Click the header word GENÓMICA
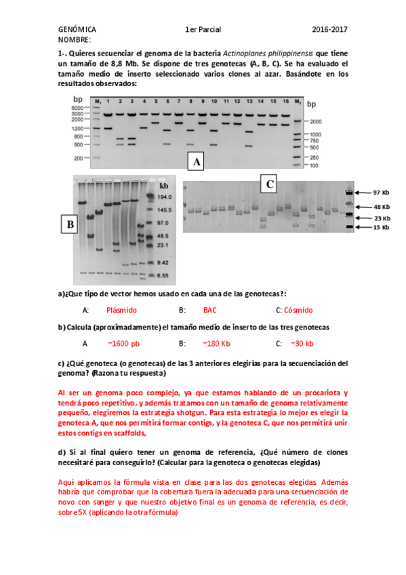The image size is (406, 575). click(x=77, y=30)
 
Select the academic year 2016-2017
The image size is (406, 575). click(x=329, y=30)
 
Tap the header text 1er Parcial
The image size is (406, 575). click(x=203, y=30)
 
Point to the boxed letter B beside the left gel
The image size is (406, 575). click(x=68, y=224)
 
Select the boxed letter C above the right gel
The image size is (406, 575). click(x=270, y=184)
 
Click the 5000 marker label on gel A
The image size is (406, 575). click(x=75, y=107)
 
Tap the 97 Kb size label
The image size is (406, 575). click(x=380, y=193)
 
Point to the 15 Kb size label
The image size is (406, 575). click(x=380, y=228)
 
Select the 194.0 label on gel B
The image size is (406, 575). click(x=165, y=197)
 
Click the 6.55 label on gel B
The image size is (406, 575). click(x=164, y=276)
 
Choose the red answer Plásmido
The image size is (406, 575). click(x=122, y=310)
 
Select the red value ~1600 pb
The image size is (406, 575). click(x=123, y=344)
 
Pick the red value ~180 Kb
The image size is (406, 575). click(x=216, y=344)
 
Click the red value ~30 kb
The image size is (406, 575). click(x=302, y=344)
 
